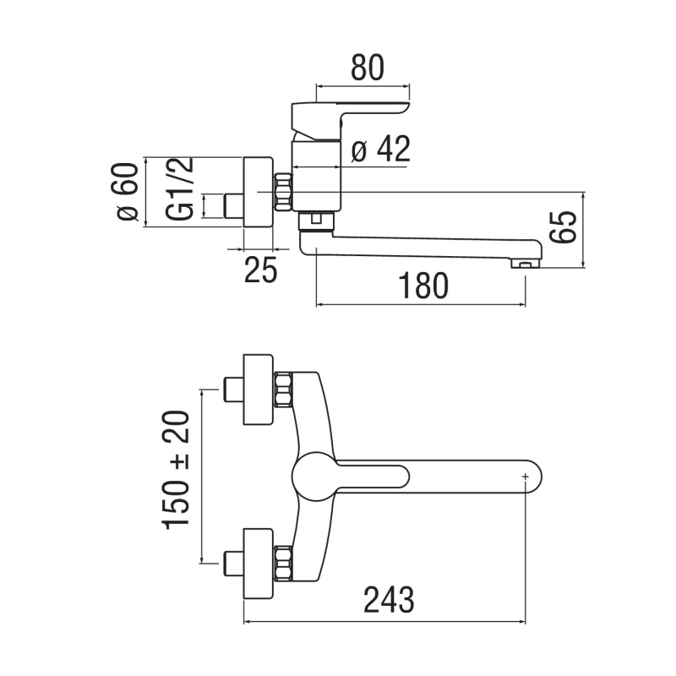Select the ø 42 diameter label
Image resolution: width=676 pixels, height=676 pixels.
[x=380, y=150]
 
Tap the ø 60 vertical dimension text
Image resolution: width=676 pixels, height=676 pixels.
[x=127, y=193]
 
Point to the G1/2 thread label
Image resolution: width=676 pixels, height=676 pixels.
[x=180, y=190]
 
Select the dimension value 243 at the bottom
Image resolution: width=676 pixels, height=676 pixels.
[x=389, y=601]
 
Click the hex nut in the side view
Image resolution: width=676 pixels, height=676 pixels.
[x=283, y=192]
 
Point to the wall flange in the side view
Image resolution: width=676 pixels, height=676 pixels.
[x=258, y=192]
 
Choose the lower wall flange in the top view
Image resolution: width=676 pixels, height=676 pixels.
[x=258, y=564]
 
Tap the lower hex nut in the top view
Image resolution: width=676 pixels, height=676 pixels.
[x=284, y=564]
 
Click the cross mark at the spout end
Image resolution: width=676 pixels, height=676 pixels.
[x=526, y=478]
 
